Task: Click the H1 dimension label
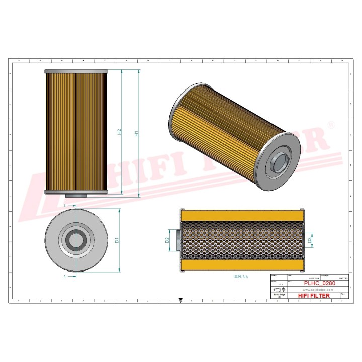(136, 134)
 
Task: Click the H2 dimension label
(119, 132)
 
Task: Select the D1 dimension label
(117, 240)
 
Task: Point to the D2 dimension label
(167, 240)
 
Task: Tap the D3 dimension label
(310, 240)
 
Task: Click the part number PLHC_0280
(320, 283)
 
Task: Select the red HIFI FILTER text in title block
(314, 296)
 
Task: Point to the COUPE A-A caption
(241, 277)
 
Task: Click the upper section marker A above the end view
(65, 206)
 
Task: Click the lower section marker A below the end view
(65, 276)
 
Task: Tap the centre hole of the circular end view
(76, 241)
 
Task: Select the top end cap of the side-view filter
(76, 72)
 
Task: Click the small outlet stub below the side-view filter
(76, 196)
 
